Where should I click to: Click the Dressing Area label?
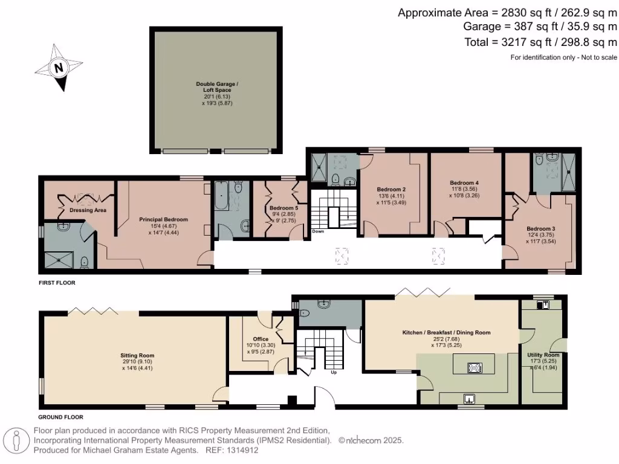coord(88,210)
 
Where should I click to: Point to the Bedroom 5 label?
coord(283,208)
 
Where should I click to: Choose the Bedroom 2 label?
coord(391,189)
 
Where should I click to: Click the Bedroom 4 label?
coord(464,182)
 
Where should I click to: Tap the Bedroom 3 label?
coord(540,229)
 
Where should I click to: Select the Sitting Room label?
coord(137,355)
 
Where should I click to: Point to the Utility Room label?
coord(543,355)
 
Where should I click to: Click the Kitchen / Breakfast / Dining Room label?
coord(446,332)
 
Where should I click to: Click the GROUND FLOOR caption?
coord(60,417)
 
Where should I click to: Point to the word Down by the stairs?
coord(319,231)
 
